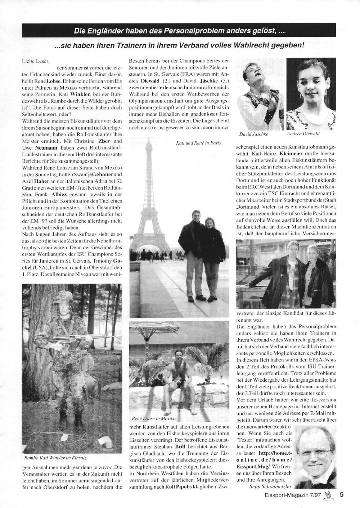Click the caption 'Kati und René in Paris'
(198, 143)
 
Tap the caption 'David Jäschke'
(254, 134)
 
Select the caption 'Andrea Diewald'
(303, 134)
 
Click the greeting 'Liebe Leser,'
(35, 61)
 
